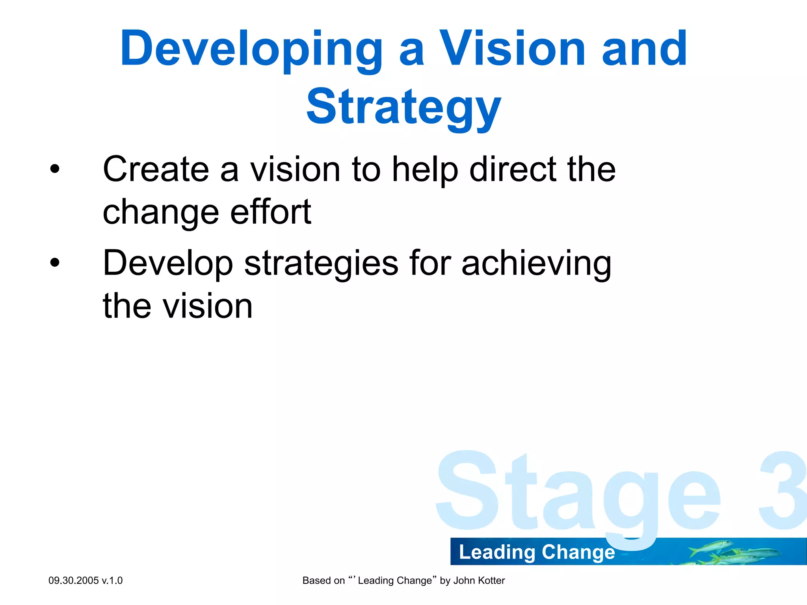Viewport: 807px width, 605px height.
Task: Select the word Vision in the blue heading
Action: coord(512,49)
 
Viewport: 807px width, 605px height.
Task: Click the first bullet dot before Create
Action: coord(55,169)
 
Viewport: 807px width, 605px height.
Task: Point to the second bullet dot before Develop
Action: coord(55,263)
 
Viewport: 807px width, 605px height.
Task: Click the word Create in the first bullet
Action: coord(156,169)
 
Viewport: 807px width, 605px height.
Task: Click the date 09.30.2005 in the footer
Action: coord(73,581)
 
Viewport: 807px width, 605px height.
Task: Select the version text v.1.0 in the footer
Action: coord(112,581)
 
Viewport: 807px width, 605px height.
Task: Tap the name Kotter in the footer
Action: coord(491,581)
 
